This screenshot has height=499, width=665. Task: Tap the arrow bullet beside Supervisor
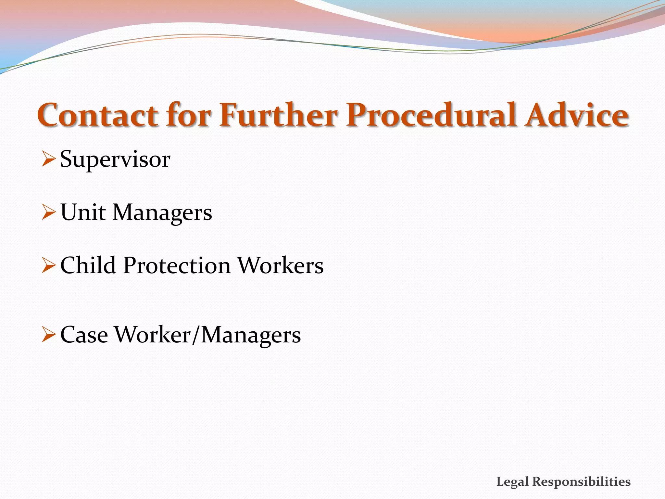(x=48, y=160)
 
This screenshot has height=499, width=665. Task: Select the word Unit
(x=83, y=213)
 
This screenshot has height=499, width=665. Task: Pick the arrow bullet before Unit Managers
(x=48, y=213)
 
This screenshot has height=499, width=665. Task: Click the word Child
(x=88, y=265)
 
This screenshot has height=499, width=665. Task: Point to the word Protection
(x=177, y=266)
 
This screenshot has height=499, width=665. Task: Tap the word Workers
(x=281, y=265)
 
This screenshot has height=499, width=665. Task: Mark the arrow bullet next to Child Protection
(x=48, y=266)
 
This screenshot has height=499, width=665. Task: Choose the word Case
(x=84, y=335)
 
